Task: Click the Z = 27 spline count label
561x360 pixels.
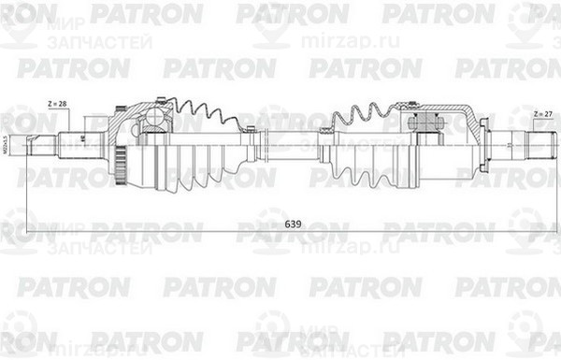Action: [x=542, y=113]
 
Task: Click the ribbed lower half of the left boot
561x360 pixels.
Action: [x=201, y=164]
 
